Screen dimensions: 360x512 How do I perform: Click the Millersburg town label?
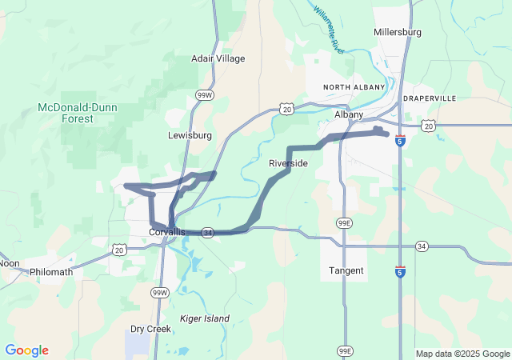[397, 32]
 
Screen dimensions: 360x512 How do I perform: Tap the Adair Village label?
[218, 58]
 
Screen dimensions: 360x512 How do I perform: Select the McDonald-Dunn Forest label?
[66, 113]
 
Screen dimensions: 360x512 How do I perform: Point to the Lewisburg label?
[190, 135]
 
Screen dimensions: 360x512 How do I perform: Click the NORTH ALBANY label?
[354, 86]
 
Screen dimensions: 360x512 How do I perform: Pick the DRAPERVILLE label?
[430, 98]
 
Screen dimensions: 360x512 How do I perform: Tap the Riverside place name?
[288, 163]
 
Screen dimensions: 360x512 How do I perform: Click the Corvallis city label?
[167, 232]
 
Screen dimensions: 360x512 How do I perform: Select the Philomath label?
[51, 272]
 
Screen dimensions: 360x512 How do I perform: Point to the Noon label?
[9, 262]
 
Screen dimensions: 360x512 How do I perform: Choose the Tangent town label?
[346, 270]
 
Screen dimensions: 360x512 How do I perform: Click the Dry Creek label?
[150, 329]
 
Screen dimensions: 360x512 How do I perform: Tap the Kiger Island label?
[204, 318]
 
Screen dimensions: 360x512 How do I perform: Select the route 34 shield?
[206, 232]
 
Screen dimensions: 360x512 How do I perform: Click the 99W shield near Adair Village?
[205, 94]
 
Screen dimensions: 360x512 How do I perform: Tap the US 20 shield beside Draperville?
[429, 126]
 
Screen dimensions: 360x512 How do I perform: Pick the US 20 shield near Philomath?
[118, 250]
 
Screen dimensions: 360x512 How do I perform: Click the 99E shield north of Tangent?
[343, 222]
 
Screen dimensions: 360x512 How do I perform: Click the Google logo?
[26, 350]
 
